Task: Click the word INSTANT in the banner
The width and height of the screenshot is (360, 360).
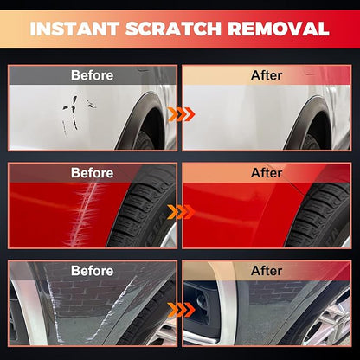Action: [x=74, y=29]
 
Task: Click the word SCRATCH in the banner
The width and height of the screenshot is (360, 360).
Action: [x=173, y=29]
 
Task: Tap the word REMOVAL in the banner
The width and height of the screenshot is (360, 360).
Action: [x=279, y=29]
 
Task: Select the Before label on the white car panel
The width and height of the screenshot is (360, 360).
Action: [x=93, y=75]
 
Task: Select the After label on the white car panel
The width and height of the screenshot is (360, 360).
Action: [x=267, y=75]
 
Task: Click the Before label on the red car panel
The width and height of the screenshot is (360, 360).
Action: [x=93, y=173]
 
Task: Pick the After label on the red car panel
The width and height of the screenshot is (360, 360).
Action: [x=267, y=173]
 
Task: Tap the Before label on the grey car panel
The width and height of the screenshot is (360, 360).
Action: [x=93, y=271]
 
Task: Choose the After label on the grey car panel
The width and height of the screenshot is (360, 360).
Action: [x=267, y=271]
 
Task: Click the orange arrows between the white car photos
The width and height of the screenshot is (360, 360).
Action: [x=182, y=114]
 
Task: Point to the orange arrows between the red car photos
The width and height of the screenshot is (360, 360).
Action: [x=182, y=212]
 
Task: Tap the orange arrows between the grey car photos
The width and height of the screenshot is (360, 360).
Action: [x=182, y=310]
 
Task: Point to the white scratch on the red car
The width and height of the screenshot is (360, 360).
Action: [x=84, y=214]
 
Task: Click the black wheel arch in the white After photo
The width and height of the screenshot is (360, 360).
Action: [x=303, y=121]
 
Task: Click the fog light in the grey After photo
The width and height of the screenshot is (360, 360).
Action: [x=202, y=301]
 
